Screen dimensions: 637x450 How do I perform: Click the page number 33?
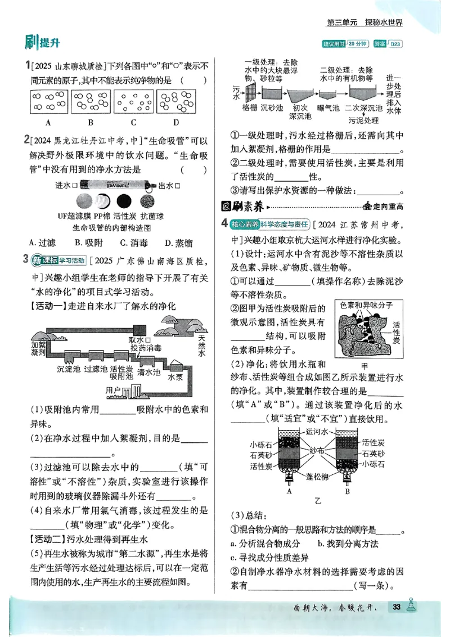click(x=397, y=607)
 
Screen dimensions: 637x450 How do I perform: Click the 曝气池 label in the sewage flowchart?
click(x=328, y=107)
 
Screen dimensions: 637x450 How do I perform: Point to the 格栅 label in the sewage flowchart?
click(x=250, y=107)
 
